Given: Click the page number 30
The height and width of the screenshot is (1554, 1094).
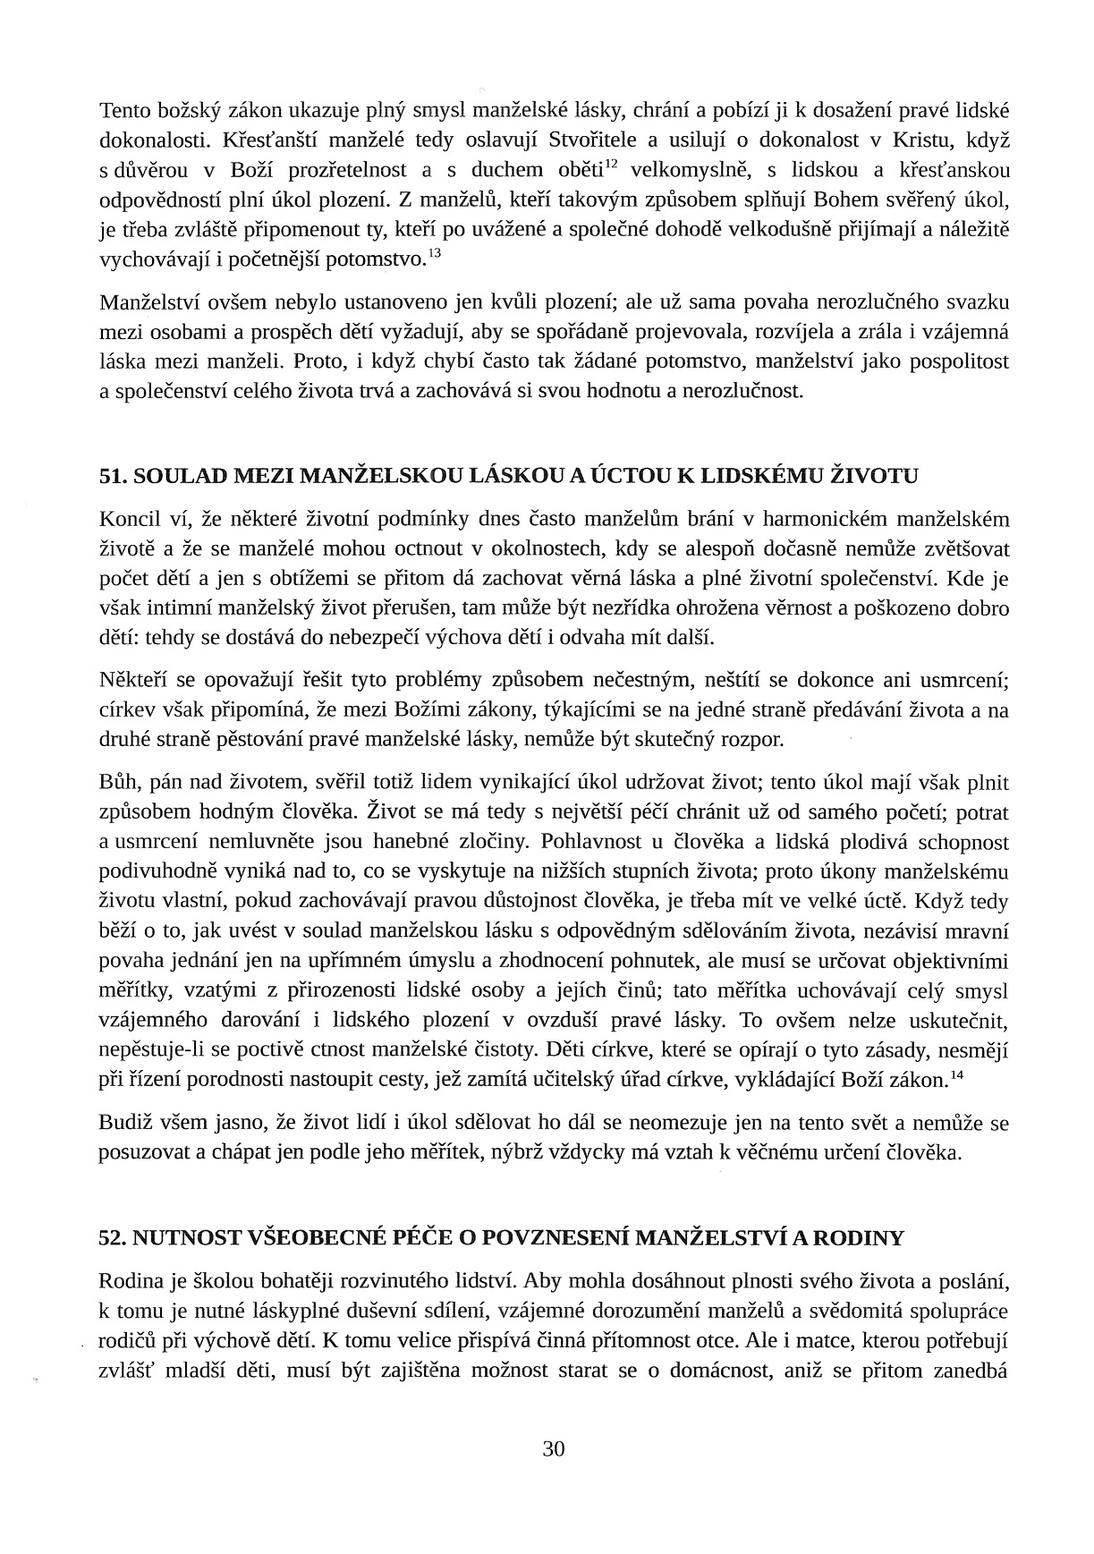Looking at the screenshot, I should (x=554, y=1450).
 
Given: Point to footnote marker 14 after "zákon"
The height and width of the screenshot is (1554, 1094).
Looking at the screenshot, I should (x=955, y=1074).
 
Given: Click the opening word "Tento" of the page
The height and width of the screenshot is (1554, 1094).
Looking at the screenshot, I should (x=126, y=111).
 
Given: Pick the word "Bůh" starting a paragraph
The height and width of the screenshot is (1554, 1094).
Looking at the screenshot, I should (x=117, y=784).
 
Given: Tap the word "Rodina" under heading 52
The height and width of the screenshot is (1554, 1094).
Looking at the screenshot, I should (x=131, y=1283).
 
